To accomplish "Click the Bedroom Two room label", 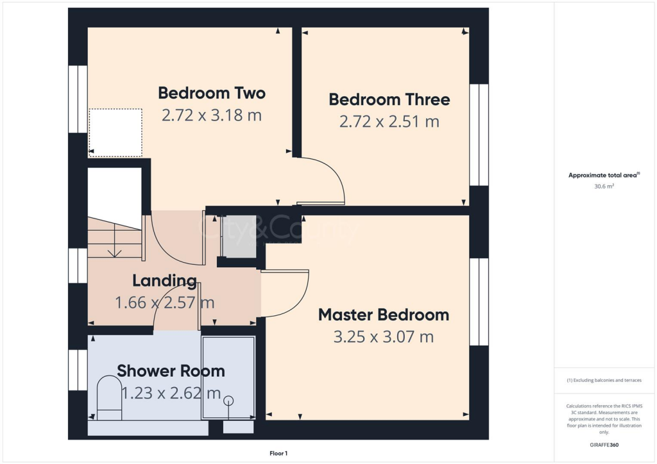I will pos(212,93).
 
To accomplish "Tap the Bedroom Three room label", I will pos(389,99).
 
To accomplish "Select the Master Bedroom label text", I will pos(383,315).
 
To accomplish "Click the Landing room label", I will pos(164,281).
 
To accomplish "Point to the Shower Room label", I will pos(171,370).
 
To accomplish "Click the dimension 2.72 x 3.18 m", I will pos(212,115).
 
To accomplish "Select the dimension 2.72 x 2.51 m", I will pos(389,121).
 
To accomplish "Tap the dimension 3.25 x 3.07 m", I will pos(383,336).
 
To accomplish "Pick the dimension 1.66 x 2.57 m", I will pos(164,302).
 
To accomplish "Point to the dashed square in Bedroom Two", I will pos(115,133).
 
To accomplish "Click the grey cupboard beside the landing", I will pos(239,235).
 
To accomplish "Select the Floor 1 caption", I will pos(278,453).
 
